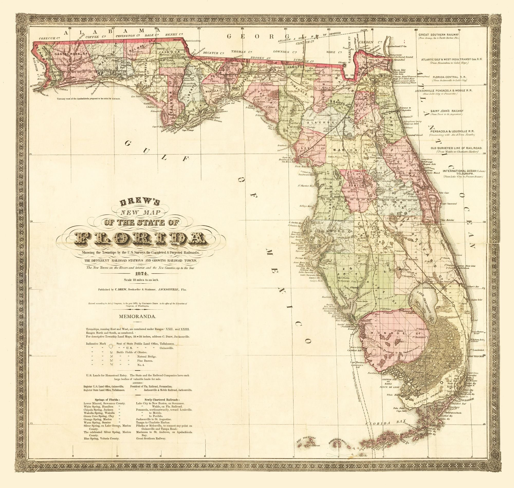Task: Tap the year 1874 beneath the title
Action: pyautogui.click(x=140, y=273)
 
